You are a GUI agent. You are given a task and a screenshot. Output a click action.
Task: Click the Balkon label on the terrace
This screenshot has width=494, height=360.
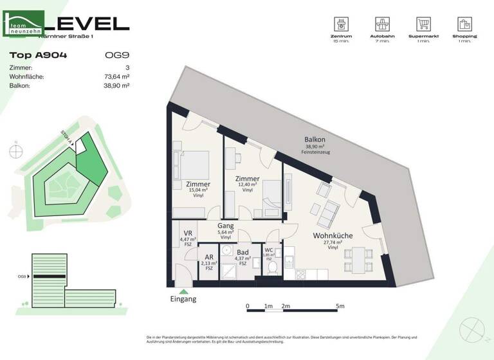[315, 139]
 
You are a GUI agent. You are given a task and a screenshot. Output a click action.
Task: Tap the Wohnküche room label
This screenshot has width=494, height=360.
[332, 236]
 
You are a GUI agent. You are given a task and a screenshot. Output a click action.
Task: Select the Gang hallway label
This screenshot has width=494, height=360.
[225, 226]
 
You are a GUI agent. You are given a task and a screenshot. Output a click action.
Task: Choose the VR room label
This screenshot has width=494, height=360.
[188, 233]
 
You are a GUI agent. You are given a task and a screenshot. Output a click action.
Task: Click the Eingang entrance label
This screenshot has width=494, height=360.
[183, 299]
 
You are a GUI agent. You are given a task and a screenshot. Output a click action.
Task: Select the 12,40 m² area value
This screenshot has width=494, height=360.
[247, 185]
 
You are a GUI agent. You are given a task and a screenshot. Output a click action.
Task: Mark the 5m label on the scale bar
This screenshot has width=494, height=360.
[341, 306]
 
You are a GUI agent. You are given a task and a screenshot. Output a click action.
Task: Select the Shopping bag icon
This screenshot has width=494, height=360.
[466, 24]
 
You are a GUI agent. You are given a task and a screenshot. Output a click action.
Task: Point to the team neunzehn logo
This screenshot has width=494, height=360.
[24, 24]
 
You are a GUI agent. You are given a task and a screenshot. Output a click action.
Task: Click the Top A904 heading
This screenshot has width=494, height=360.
[39, 55]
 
